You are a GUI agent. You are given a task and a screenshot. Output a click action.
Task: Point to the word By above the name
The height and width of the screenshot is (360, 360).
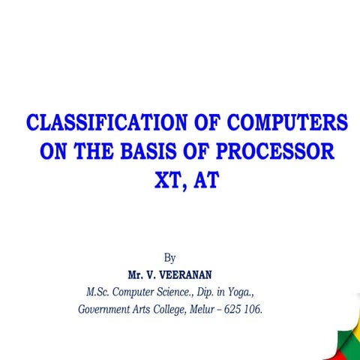click(x=169, y=258)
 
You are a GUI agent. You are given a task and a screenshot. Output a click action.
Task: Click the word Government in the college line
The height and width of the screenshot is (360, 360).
click(x=105, y=307)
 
